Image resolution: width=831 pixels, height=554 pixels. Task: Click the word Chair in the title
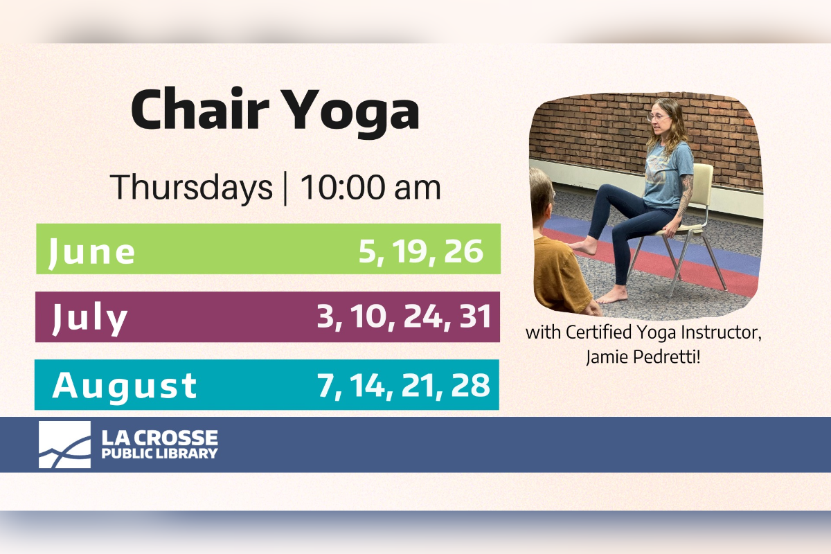click(x=199, y=109)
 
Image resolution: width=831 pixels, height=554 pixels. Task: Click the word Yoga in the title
click(x=352, y=114)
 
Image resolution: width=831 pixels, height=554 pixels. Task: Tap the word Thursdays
click(x=191, y=188)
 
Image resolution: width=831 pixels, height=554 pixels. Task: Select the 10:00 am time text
click(x=370, y=188)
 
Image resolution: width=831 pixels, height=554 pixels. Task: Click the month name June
click(x=91, y=252)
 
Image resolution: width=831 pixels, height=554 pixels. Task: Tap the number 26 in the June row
click(x=464, y=251)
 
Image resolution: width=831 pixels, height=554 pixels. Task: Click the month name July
click(x=90, y=319)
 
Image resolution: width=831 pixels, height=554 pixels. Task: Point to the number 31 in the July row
click(x=476, y=316)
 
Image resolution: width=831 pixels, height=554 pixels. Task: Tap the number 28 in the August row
click(x=470, y=385)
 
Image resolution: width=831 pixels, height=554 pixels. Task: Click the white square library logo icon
click(x=64, y=444)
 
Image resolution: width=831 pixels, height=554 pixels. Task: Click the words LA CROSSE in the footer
click(x=159, y=438)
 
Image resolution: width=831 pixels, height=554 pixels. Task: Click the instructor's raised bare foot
click(x=584, y=247)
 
